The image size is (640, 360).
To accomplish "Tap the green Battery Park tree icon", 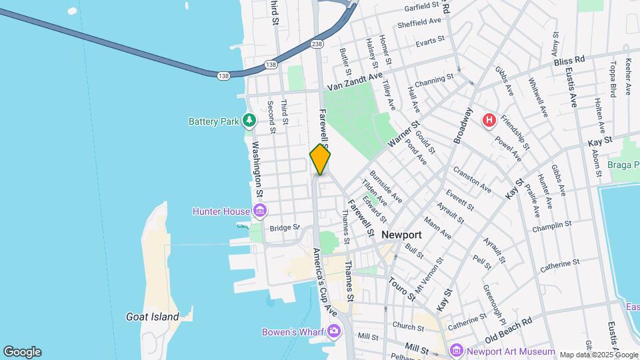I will point(249,121).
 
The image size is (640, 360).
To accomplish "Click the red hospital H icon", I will point(489,120).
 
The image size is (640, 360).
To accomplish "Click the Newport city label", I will point(401,235).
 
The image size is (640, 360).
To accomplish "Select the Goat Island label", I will point(153,317).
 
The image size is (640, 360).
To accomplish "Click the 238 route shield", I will point(317,44).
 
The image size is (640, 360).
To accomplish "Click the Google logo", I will point(22,352).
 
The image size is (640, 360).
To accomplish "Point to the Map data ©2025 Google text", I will point(598,355).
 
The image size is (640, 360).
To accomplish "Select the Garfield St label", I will point(423,7).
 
